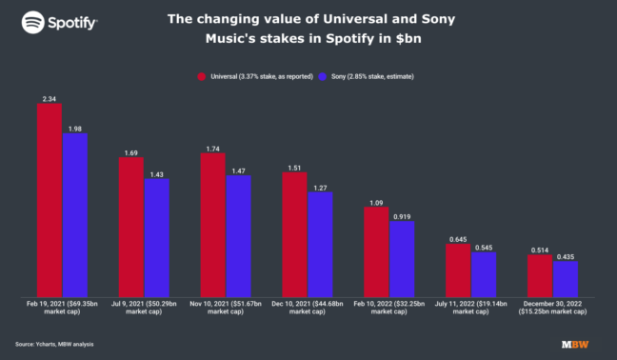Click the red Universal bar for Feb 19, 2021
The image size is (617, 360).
point(50,199)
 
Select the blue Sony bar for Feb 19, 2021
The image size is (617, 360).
point(75,214)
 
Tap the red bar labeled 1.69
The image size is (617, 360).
point(131,227)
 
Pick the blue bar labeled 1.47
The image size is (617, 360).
point(238,235)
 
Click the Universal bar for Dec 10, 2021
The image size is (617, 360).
point(294,233)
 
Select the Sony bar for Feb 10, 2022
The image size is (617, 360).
point(402,258)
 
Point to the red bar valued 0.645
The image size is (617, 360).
point(458,270)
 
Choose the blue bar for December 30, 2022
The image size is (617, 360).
point(565,278)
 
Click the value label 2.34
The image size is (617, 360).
point(50,96)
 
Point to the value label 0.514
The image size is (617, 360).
point(540,249)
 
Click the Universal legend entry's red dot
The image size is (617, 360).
point(202,75)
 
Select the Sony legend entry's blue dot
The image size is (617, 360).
point(325,75)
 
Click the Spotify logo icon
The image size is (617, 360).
point(32,21)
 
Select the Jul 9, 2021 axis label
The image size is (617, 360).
point(144,306)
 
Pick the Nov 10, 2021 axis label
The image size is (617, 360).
point(226,306)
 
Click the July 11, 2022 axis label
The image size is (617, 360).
point(470,306)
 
